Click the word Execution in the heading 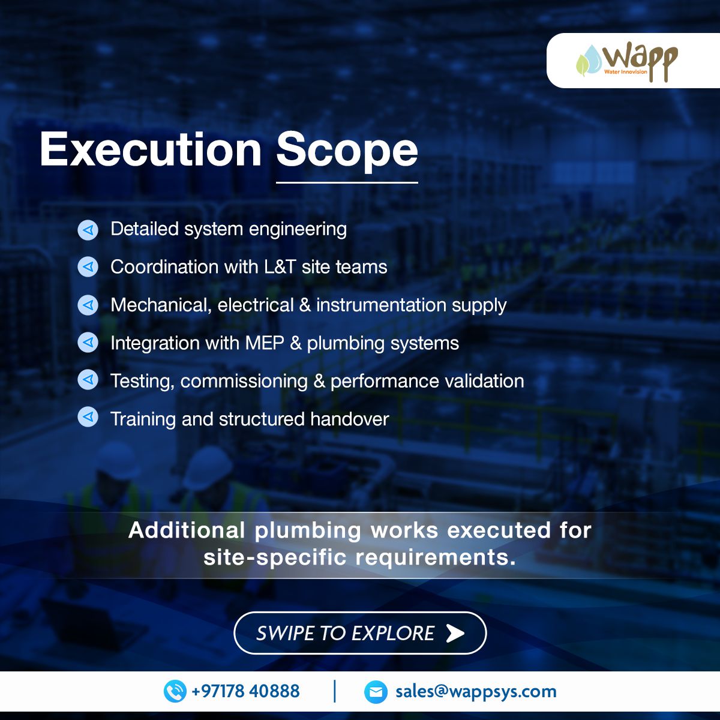coord(151,149)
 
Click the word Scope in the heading coord(347,152)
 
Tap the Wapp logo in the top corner coord(627,61)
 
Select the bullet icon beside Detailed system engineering coord(88,230)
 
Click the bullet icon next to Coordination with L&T coord(88,267)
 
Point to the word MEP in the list coord(265,343)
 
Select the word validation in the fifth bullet coord(484,381)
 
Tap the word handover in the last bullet coord(350,419)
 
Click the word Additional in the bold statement coord(187,530)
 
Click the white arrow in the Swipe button coord(455,633)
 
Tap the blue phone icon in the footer coord(175,691)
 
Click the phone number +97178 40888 coord(245,691)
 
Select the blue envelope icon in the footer coord(376,692)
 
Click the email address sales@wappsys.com coord(476,692)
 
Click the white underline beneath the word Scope coord(347,182)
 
